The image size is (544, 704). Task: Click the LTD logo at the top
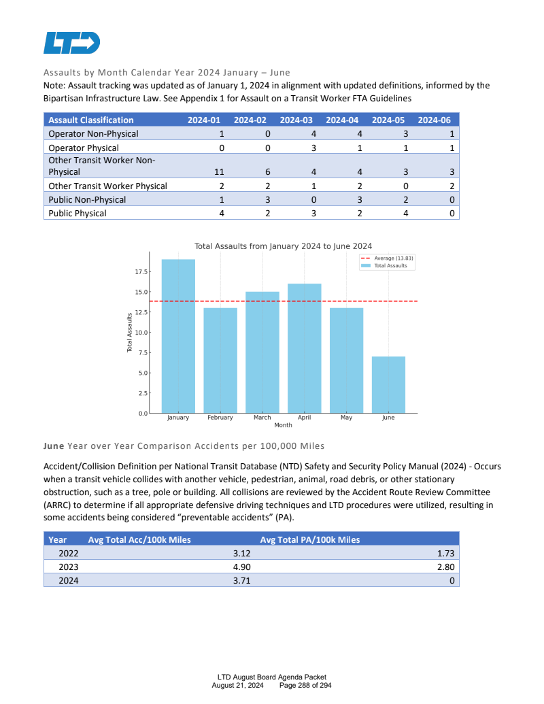coord(71,42)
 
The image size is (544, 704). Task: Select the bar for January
coord(178,336)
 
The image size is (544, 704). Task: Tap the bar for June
coord(388,384)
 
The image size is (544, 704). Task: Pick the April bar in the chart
coord(304,348)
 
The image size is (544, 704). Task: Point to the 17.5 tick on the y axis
coord(141,271)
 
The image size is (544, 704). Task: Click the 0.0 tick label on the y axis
coord(141,414)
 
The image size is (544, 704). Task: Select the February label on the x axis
coord(220,418)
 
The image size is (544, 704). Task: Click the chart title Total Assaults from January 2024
coord(283,246)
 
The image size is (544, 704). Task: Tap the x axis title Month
coord(283,425)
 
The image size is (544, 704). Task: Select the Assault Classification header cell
coord(91,120)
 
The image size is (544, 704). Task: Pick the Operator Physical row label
coord(84,148)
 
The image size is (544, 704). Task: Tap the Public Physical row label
coord(78,213)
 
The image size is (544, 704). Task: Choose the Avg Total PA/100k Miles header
coord(310,539)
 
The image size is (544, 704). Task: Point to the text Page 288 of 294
coord(305,685)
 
